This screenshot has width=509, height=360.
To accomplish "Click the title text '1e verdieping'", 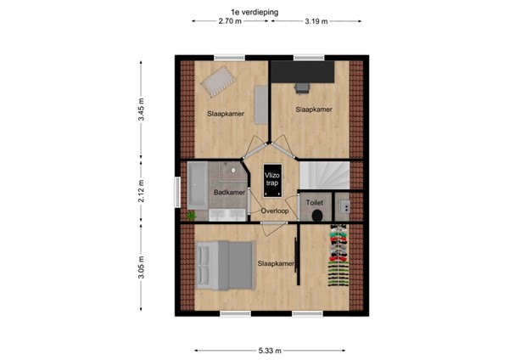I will [x=255, y=12].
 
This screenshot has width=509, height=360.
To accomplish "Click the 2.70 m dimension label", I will [x=230, y=22].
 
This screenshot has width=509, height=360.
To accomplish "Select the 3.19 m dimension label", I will [x=318, y=22].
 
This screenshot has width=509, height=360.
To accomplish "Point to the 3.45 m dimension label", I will [x=142, y=111].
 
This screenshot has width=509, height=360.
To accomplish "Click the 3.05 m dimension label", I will [x=142, y=270].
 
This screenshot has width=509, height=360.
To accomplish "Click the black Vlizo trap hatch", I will [x=271, y=179].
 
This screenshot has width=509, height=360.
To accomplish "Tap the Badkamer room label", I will [x=229, y=193].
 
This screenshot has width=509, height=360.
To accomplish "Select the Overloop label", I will [x=275, y=211].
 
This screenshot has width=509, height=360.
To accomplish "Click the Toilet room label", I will [x=315, y=204].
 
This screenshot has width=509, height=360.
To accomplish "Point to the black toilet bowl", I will [x=316, y=216].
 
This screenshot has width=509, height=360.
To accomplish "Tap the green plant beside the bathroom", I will [x=192, y=216].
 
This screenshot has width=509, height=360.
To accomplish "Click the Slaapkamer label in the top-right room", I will [x=313, y=110].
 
